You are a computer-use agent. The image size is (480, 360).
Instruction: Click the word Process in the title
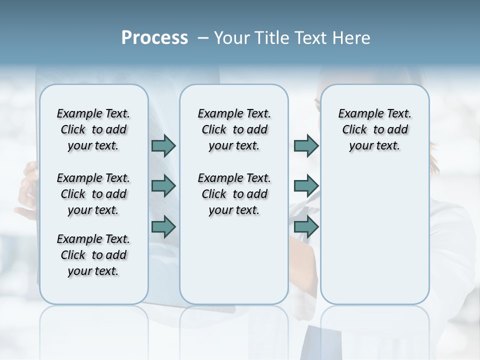(x=154, y=38)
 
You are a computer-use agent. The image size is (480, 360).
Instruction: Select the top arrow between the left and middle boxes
(x=163, y=145)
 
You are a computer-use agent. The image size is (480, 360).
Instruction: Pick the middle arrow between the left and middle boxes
(x=163, y=186)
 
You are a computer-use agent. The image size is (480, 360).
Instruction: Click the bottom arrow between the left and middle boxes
(x=163, y=226)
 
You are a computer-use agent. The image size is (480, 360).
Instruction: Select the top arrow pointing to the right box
(x=306, y=145)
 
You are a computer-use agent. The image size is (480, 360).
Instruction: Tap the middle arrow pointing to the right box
(x=306, y=186)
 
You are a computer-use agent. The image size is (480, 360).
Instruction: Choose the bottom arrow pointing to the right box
(x=306, y=226)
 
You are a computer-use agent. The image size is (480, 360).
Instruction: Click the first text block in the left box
(x=93, y=129)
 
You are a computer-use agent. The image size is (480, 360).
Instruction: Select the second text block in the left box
(x=93, y=194)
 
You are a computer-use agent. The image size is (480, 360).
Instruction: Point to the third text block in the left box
(x=93, y=255)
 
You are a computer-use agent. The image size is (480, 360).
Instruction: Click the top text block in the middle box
(x=234, y=129)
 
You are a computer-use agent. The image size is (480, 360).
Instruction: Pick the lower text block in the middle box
(x=234, y=194)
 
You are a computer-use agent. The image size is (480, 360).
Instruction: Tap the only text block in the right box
(x=374, y=129)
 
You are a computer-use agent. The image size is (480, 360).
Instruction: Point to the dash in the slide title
(x=203, y=38)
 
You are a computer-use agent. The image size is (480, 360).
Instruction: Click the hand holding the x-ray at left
(x=26, y=190)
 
